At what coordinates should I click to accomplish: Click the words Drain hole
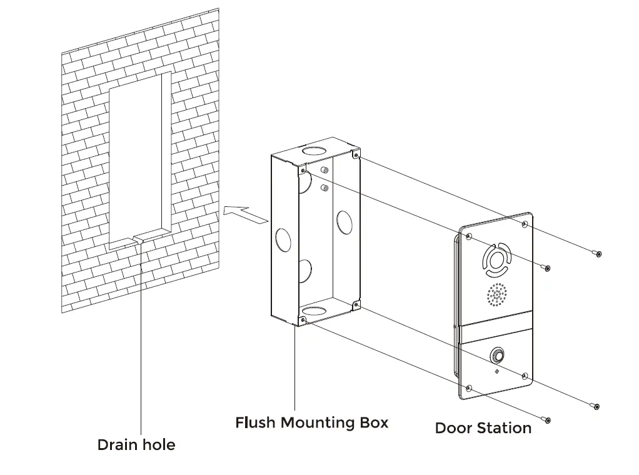coord(136,445)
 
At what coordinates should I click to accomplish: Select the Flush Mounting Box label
coord(311,422)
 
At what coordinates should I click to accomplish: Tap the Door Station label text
coord(483,428)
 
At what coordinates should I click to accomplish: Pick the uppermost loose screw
coord(598,254)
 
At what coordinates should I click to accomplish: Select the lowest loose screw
coord(547,421)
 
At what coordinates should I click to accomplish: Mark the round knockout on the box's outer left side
coord(283,239)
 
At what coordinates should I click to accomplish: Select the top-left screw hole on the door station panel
coord(469,236)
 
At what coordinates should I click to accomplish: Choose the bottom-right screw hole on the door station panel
coord(524,376)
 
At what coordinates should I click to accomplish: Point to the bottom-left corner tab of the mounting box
coord(303,320)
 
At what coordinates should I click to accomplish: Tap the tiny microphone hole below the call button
coord(497,371)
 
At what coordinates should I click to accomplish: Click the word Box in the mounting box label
coord(373,422)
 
